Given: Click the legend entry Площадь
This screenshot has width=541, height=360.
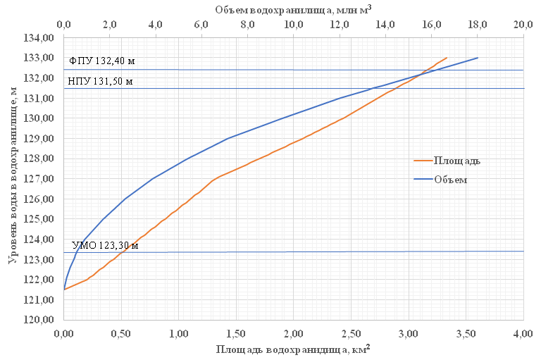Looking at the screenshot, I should coord(456,161).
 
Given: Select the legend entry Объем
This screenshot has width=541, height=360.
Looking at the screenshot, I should coord(451,180).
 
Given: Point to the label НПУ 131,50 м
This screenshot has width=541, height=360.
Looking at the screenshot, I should coord(100,81).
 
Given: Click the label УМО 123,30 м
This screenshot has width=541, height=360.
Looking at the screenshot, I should coord(105,244).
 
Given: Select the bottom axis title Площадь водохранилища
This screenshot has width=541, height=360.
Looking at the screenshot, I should coord(293,350).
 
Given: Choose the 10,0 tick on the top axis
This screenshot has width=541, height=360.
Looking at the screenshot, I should coord(293,25).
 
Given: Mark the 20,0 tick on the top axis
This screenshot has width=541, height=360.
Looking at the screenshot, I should coord(523,25).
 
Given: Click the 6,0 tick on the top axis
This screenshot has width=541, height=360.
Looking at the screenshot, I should coord(201,25).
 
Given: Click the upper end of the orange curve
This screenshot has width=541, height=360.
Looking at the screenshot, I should coord(447,58).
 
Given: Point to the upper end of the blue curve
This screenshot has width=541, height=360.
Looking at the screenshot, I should coord(478,58).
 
